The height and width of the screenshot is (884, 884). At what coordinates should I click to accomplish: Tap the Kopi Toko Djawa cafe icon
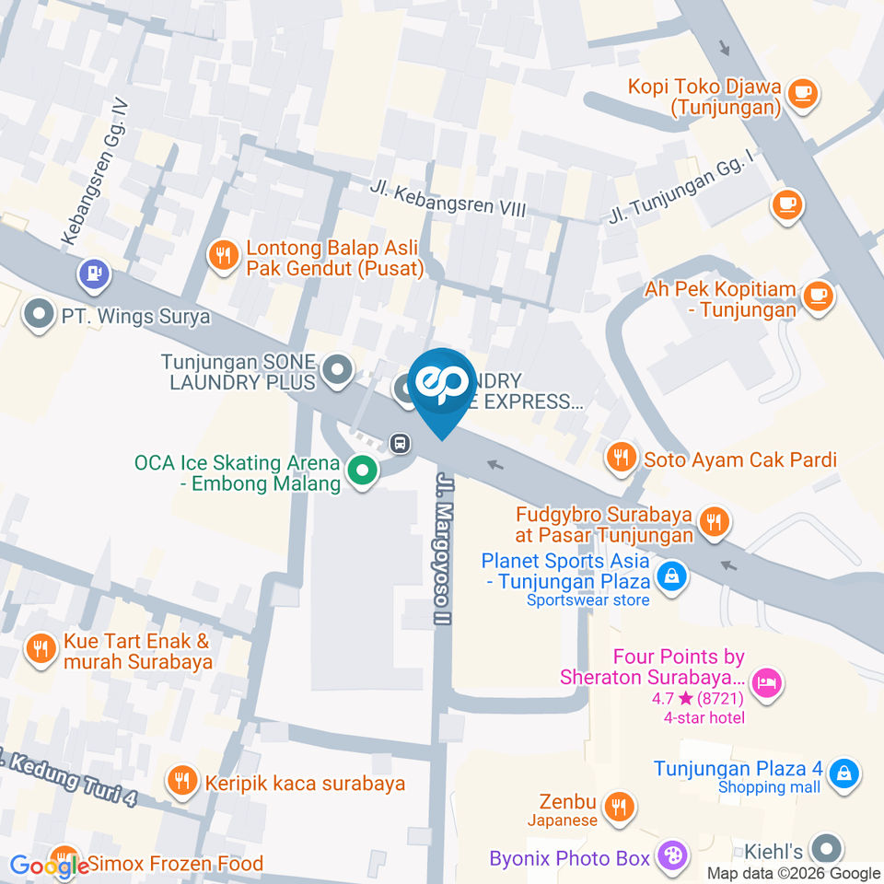point(803,94)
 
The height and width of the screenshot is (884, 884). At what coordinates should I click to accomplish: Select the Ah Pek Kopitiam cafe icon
point(818,297)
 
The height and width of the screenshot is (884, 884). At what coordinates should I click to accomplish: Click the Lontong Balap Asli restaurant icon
point(222,254)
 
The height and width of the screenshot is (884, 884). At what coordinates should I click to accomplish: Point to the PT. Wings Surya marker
point(39,316)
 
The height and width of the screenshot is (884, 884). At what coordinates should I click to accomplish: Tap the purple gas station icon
point(94,273)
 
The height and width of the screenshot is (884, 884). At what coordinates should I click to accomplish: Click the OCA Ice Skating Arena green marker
point(363,472)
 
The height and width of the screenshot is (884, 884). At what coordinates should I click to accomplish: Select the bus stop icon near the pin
point(400,443)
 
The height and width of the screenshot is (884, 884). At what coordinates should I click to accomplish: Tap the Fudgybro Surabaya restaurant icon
point(714,522)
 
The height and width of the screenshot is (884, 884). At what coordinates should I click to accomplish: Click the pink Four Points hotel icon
point(766,682)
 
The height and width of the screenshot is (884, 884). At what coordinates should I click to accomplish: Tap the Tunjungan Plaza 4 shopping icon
point(843,774)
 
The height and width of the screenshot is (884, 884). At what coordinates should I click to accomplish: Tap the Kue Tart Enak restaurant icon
point(40,648)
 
